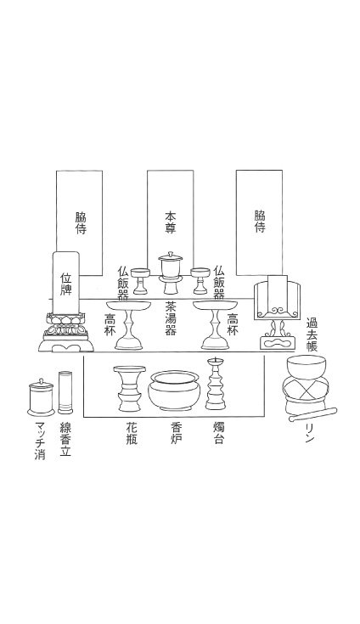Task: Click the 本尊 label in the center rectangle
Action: pyautogui.click(x=171, y=222)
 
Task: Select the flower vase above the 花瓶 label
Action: pyautogui.click(x=129, y=389)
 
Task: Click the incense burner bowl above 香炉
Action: pyautogui.click(x=173, y=391)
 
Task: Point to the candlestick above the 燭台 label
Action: pyautogui.click(x=215, y=384)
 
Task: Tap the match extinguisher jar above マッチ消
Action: pyautogui.click(x=41, y=397)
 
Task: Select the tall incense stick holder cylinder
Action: pyautogui.click(x=65, y=392)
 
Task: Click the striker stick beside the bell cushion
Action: pyautogui.click(x=313, y=414)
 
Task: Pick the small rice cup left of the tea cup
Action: pyautogui.click(x=140, y=280)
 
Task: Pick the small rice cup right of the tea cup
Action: pyautogui.click(x=200, y=280)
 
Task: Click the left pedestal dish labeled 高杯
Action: pyautogui.click(x=129, y=324)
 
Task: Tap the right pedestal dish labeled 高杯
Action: pyautogui.click(x=215, y=324)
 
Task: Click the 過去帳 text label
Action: pyautogui.click(x=312, y=334)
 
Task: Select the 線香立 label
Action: pyautogui.click(x=65, y=439)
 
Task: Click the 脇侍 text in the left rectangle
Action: pyautogui.click(x=81, y=222)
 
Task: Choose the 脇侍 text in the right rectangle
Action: pyautogui.click(x=260, y=222)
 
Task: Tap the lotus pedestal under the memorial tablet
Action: pyautogui.click(x=66, y=332)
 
